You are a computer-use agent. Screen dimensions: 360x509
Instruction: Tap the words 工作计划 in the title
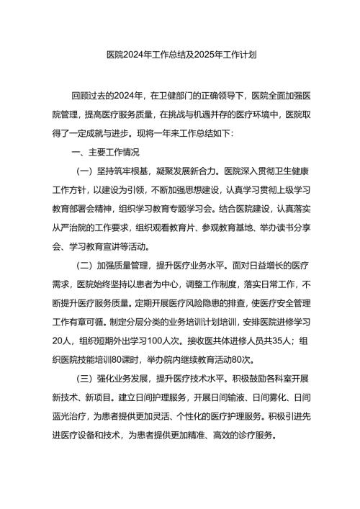click(x=240, y=54)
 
